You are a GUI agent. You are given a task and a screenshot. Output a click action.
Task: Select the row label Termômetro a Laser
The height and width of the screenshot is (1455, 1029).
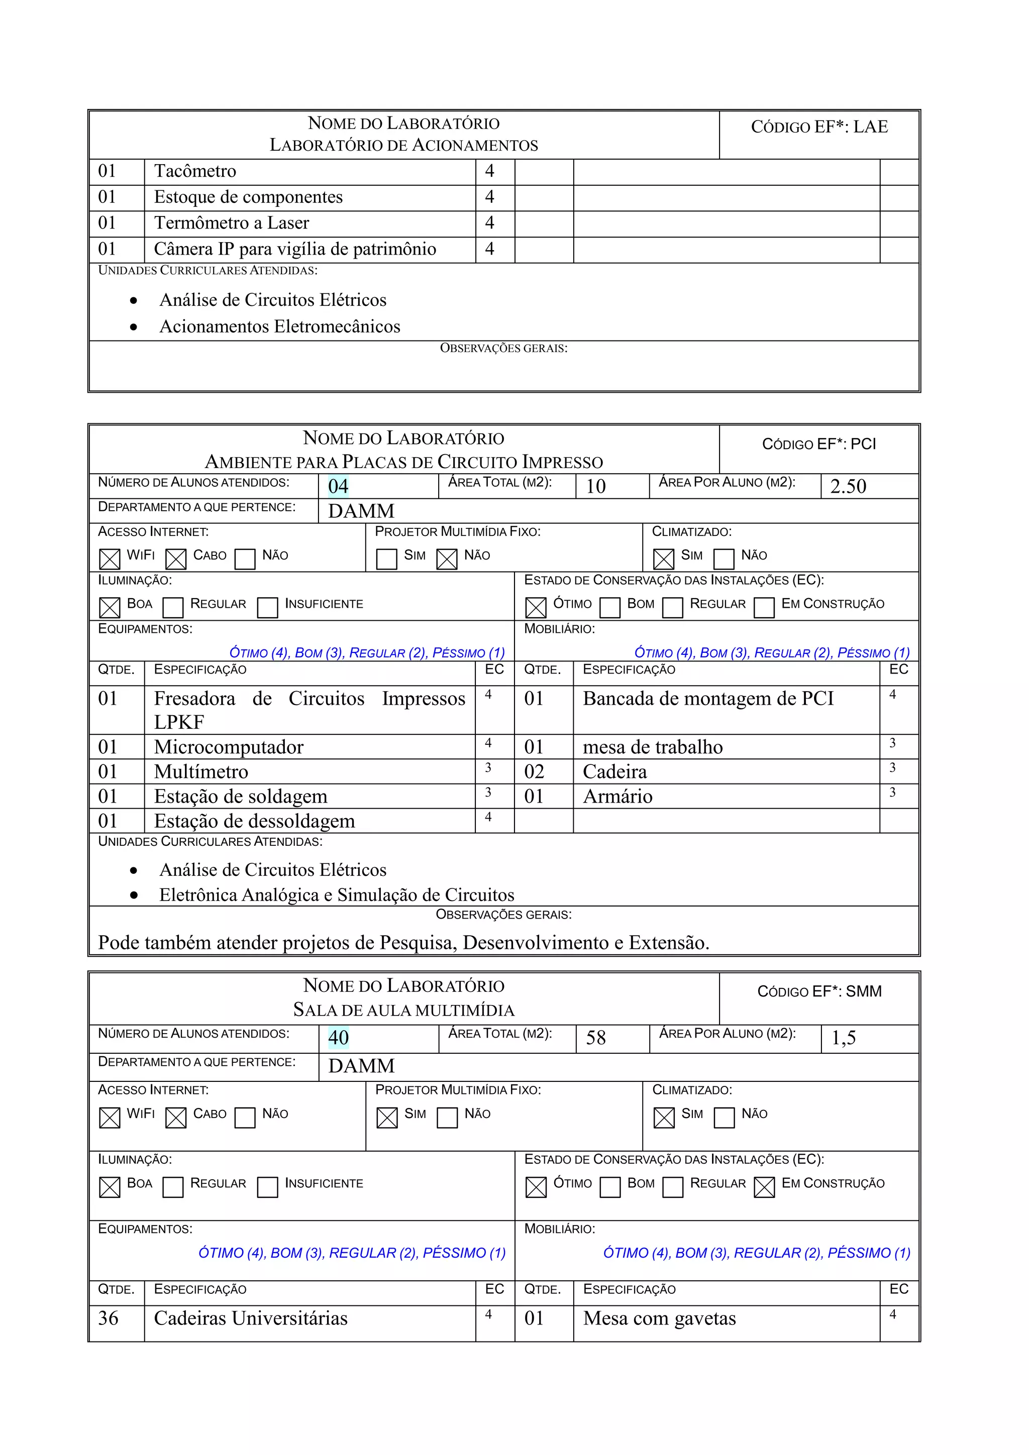[x=232, y=223]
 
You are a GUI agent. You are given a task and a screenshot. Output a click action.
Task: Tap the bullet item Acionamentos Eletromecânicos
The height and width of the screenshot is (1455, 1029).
[x=279, y=326]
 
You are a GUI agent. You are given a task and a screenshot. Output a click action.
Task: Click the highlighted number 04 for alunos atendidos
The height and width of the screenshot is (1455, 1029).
[x=338, y=486]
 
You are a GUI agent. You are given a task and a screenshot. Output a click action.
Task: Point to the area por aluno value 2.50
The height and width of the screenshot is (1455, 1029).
[x=848, y=486]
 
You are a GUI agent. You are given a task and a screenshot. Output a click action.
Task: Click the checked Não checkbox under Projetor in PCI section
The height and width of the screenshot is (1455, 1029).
[x=447, y=559]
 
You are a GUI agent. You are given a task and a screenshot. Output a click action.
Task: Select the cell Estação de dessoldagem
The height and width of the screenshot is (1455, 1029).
[x=254, y=821]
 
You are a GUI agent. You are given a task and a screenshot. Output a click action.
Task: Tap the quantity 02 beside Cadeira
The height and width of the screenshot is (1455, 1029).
[x=534, y=772]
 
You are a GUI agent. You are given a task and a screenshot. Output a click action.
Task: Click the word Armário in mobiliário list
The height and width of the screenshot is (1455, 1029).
[x=618, y=797]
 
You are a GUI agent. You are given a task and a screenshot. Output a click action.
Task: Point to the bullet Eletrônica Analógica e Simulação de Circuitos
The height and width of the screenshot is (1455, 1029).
[x=337, y=895]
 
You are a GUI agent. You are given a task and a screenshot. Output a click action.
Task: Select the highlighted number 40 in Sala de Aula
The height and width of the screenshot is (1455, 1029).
[x=338, y=1038]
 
